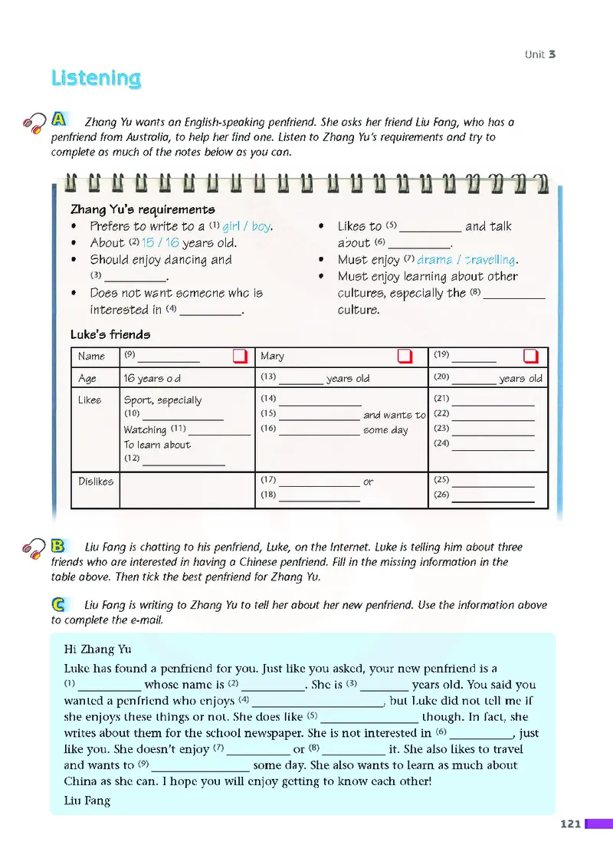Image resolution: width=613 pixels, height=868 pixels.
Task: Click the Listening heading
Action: point(96,78)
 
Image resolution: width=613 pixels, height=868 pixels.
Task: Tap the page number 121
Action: point(570,824)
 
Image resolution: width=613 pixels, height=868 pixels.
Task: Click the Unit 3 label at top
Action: point(539,54)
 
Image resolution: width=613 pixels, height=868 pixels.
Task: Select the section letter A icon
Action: point(59,120)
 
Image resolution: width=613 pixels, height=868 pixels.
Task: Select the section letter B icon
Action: point(58,546)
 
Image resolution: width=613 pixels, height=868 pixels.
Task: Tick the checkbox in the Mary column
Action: point(405,357)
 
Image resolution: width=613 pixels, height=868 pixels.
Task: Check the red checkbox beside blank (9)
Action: point(240,357)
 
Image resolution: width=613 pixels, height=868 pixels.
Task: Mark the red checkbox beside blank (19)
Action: point(530,357)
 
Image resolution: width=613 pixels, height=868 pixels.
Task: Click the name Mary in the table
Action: point(272,357)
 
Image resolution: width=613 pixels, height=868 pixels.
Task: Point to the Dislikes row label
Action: point(96,482)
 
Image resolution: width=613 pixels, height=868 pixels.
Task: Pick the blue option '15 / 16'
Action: point(160,243)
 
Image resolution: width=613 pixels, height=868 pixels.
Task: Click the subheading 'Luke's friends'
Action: point(110,334)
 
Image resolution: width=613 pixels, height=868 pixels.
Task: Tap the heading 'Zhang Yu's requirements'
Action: point(143,209)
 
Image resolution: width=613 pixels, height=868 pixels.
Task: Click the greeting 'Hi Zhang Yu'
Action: point(97,649)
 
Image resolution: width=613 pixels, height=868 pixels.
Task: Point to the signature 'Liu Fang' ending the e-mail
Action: point(87,801)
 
